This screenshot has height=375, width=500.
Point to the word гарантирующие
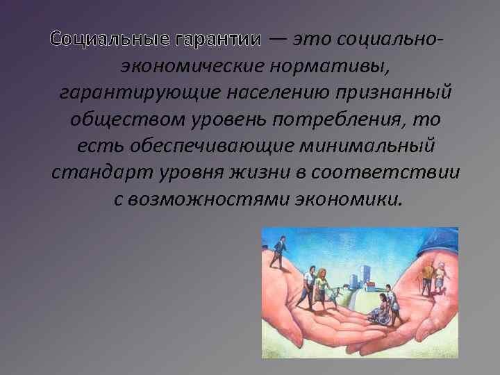[x=140, y=93]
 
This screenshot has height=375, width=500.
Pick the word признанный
[x=394, y=93]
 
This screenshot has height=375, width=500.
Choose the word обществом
[x=128, y=119]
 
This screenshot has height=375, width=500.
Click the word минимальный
[x=367, y=146]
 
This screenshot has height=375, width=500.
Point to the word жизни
[x=260, y=172]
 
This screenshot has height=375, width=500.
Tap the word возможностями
[x=210, y=199]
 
